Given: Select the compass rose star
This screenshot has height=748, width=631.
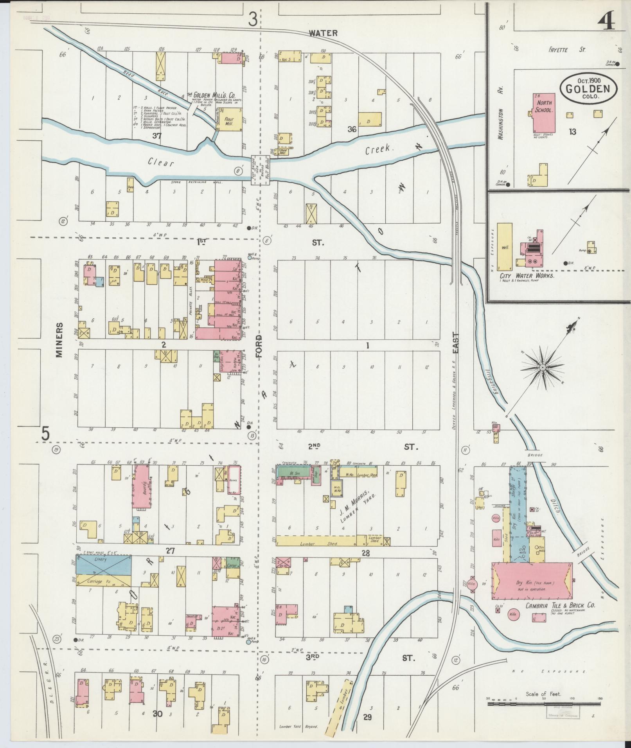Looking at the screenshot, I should [x=543, y=368].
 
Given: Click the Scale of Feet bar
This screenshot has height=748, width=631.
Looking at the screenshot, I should [x=543, y=703].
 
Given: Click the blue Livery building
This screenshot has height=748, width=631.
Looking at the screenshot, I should [x=103, y=565].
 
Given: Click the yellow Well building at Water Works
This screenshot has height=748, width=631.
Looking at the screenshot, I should [x=505, y=247].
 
